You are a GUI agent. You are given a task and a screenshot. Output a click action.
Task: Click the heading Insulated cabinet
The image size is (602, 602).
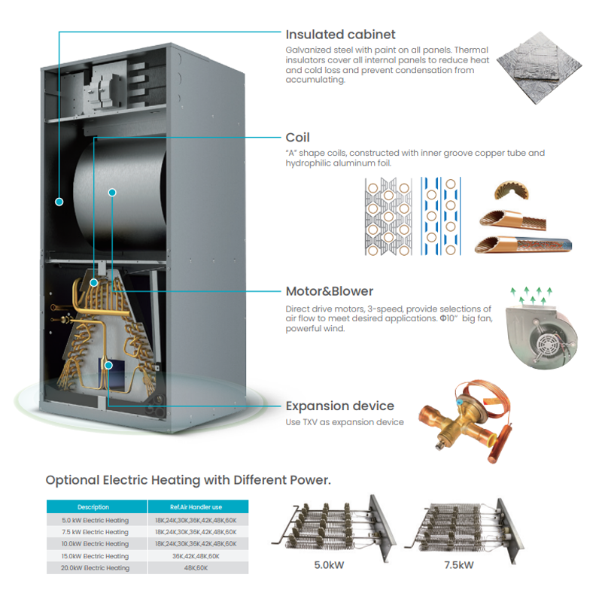coord(340,35)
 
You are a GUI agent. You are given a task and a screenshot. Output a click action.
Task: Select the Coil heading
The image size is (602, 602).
coord(297,138)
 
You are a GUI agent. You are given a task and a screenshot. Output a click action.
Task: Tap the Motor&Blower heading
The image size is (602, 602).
coord(329,291)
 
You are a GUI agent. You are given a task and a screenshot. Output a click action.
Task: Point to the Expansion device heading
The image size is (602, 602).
coord(339,406)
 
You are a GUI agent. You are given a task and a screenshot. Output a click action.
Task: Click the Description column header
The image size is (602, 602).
coord(93,507)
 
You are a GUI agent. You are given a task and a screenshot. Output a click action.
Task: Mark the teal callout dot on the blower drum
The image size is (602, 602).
coord(112,193)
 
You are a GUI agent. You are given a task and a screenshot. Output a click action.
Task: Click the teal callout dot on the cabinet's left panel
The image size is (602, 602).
coord(59,202)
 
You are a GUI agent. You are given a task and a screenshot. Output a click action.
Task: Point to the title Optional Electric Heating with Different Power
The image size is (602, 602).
coord(188,480)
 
